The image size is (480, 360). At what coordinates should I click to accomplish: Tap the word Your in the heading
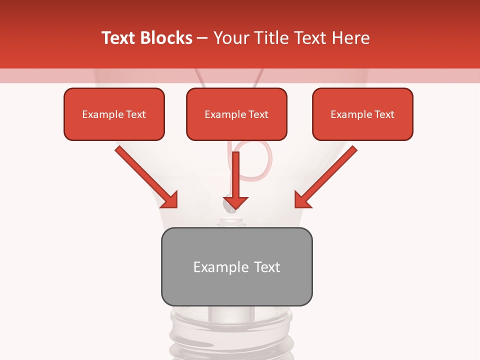[230, 38]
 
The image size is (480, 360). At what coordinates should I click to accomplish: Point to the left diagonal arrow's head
[170, 200]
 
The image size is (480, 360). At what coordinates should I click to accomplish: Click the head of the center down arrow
[236, 202]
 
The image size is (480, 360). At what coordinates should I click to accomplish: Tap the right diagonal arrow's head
[302, 200]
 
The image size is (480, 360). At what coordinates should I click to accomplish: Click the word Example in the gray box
[214, 267]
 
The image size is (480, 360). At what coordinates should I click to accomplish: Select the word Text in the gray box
[266, 267]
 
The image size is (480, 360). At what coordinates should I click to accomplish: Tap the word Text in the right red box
[384, 114]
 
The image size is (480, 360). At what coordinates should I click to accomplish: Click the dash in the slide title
[202, 38]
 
